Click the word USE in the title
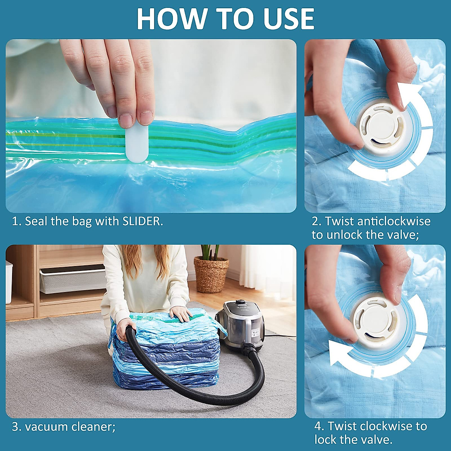click(x=289, y=19)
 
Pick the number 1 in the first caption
click(x=15, y=221)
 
